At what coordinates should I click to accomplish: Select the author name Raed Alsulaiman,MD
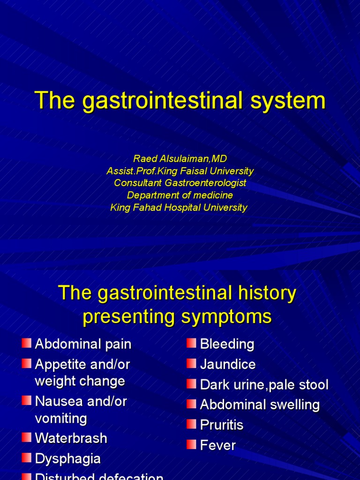tap(180, 159)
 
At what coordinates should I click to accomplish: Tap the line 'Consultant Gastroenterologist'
tap(180, 183)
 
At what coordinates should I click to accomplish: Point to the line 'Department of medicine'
tap(180, 195)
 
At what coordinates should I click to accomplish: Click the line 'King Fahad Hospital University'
tap(179, 208)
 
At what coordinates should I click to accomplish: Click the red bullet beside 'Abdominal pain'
tap(26, 343)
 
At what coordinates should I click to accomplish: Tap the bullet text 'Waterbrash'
tap(71, 438)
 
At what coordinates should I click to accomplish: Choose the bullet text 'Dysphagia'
tap(68, 458)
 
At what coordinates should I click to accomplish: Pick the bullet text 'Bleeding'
tap(227, 344)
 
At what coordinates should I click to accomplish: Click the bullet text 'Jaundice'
tap(228, 364)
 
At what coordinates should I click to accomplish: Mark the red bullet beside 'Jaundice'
tap(191, 363)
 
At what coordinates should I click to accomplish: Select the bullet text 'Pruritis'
tap(222, 425)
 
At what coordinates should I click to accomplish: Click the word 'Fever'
tap(218, 445)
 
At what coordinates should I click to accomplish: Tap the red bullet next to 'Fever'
tap(191, 444)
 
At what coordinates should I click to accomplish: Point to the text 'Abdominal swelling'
tap(260, 405)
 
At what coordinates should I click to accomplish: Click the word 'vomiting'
tap(61, 418)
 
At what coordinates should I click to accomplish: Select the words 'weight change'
tap(80, 381)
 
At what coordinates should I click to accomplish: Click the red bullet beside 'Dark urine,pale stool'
tap(191, 384)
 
